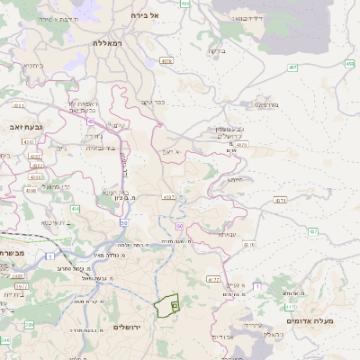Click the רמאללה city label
(112, 42)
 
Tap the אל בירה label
(144, 15)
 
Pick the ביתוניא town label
(31, 66)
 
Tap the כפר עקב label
(154, 101)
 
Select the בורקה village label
(216, 51)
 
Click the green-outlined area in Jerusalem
(166, 307)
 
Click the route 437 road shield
(313, 232)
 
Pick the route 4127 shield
(212, 280)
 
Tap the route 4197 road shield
(167, 196)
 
